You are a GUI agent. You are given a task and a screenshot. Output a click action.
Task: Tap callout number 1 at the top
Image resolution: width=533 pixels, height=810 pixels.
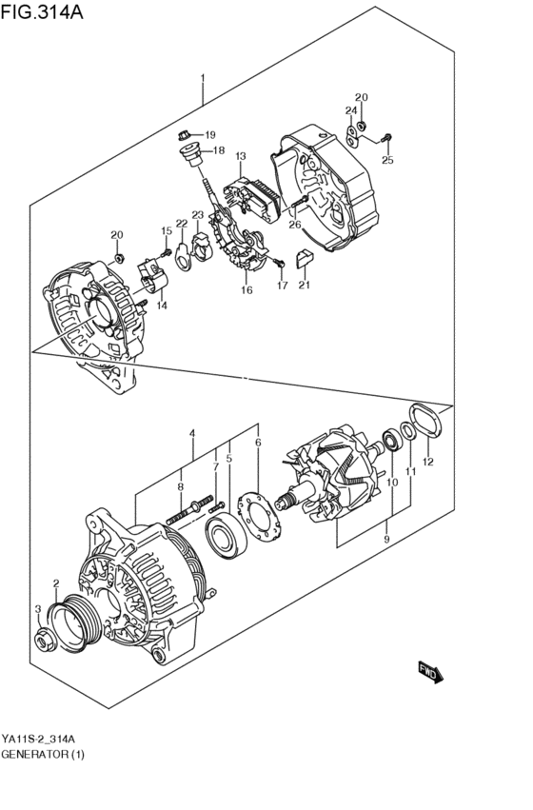click(202, 78)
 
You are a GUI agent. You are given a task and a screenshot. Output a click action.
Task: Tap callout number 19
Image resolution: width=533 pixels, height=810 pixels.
click(209, 134)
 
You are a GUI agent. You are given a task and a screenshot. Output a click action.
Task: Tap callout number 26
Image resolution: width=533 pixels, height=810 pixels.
click(294, 226)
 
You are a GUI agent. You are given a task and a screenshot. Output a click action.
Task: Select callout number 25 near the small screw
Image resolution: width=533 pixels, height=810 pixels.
click(387, 160)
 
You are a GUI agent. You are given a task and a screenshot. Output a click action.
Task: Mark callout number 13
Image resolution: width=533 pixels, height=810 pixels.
click(241, 156)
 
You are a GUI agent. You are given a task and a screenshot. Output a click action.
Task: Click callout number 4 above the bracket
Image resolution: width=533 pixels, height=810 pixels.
click(192, 433)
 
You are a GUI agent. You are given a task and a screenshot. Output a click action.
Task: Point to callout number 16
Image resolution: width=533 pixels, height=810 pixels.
click(247, 290)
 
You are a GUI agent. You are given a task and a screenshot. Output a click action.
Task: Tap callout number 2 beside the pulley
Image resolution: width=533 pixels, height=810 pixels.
click(55, 583)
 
